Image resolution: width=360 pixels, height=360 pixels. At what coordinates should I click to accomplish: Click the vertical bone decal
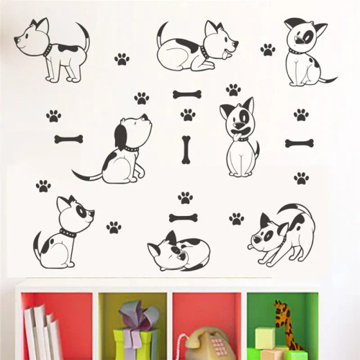click(186, 150)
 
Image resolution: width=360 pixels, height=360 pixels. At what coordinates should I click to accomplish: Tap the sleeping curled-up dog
click(179, 252)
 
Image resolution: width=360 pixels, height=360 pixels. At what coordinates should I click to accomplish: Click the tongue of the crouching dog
click(228, 54)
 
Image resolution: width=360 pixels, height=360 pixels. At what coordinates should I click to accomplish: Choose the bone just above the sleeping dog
click(184, 217)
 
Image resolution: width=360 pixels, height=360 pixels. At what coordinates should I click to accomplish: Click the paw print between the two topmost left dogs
click(122, 59)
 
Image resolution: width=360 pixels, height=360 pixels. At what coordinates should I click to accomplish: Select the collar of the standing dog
click(47, 50)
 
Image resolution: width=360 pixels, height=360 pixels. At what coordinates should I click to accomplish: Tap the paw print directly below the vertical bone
click(185, 197)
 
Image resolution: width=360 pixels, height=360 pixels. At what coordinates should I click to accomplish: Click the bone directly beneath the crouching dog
click(186, 94)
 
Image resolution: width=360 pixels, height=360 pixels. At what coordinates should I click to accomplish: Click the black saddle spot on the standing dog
click(68, 49)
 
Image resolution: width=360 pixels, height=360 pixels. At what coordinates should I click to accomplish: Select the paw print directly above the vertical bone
click(188, 114)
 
